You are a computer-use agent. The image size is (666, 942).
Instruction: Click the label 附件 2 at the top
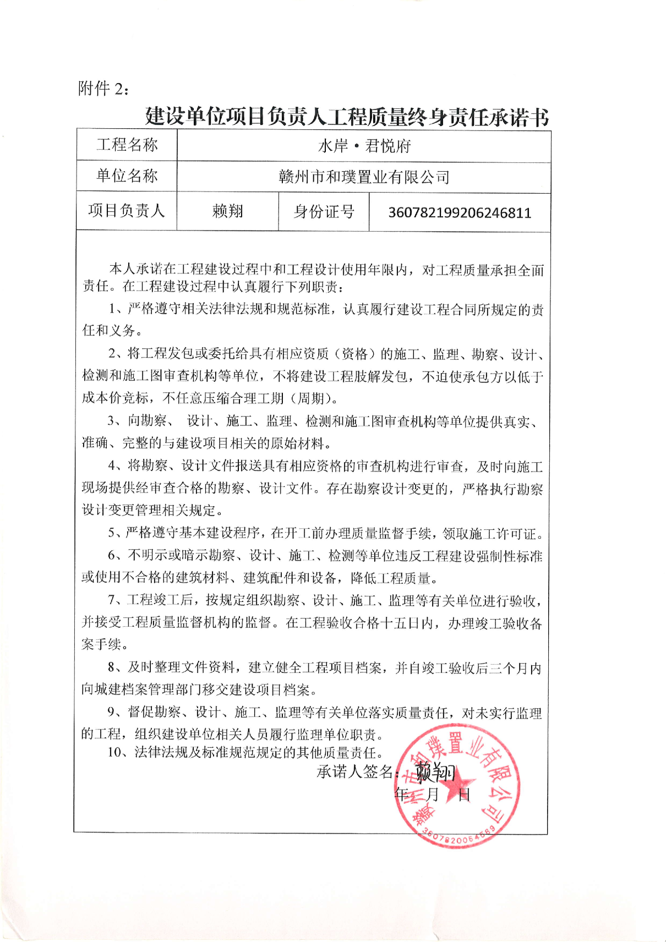click(103, 88)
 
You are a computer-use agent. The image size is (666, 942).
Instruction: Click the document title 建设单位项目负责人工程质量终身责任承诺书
click(347, 117)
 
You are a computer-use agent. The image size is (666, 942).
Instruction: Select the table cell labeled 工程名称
click(127, 145)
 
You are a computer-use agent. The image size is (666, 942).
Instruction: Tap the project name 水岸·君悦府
click(364, 146)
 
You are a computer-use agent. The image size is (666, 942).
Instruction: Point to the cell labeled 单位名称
click(127, 176)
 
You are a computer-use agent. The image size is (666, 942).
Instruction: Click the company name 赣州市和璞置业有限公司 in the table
click(364, 177)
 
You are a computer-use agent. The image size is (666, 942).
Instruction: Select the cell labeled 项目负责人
click(127, 211)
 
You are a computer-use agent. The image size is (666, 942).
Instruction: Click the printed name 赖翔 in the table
click(227, 211)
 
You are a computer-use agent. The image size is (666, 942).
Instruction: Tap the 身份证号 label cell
click(324, 212)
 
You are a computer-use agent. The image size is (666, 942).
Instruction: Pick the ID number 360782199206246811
click(460, 213)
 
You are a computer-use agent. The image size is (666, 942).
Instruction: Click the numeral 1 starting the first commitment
click(112, 310)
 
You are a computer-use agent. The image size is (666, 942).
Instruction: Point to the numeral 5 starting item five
click(112, 533)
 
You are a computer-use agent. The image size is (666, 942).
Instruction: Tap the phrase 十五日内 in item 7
click(408, 623)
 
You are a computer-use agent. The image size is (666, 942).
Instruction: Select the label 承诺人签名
click(354, 773)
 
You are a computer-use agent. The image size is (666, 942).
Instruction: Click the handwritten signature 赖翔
click(435, 773)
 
